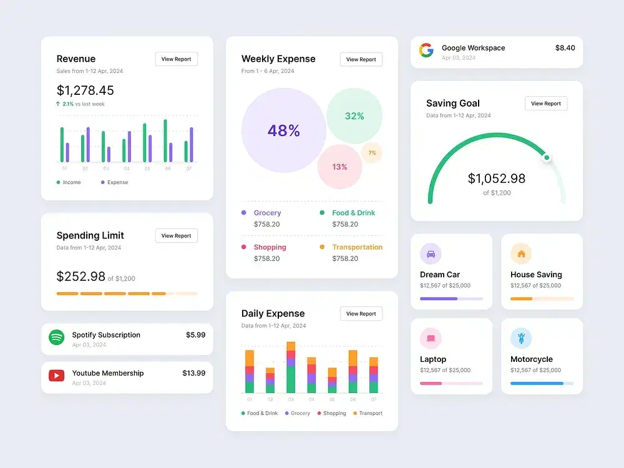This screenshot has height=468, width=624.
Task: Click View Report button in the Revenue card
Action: pyautogui.click(x=176, y=59)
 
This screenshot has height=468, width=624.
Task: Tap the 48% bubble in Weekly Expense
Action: pyautogui.click(x=284, y=130)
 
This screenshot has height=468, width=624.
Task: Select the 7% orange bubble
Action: pyautogui.click(x=372, y=152)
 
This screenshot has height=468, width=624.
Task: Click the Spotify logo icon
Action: pyautogui.click(x=57, y=338)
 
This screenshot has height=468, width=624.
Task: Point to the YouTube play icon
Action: pyautogui.click(x=57, y=376)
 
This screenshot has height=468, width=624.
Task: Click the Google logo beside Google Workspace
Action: pyautogui.click(x=426, y=51)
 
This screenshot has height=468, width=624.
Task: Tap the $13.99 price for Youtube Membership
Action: pyautogui.click(x=193, y=373)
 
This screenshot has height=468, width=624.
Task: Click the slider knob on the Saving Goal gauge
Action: pyautogui.click(x=547, y=157)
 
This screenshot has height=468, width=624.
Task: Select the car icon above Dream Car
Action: pyautogui.click(x=431, y=254)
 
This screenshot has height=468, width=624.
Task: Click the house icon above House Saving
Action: pyautogui.click(x=521, y=254)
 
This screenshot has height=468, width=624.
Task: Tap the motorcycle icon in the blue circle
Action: pyautogui.click(x=521, y=339)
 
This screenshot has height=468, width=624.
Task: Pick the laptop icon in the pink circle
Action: pyautogui.click(x=431, y=339)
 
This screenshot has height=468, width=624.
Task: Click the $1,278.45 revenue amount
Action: pyautogui.click(x=85, y=90)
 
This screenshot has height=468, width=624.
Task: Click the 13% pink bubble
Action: pyautogui.click(x=339, y=167)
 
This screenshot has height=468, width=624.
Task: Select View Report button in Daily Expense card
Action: pyautogui.click(x=361, y=314)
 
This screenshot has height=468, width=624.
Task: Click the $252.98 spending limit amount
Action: pyautogui.click(x=81, y=276)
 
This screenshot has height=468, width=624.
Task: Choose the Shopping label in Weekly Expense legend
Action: pyautogui.click(x=270, y=247)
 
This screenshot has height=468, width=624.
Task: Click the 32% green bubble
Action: pyautogui.click(x=354, y=116)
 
